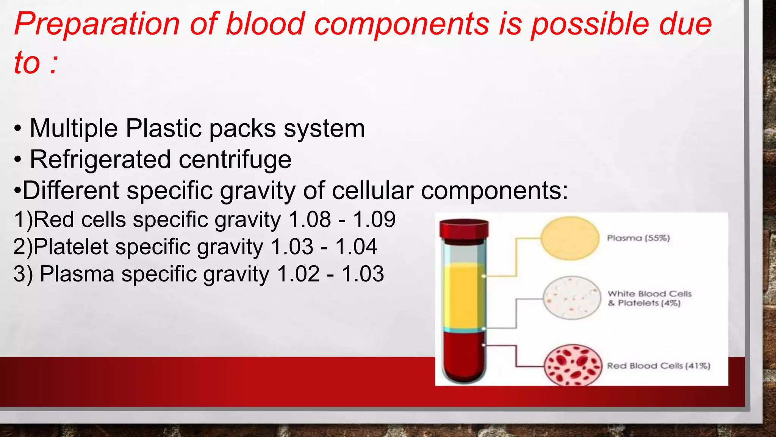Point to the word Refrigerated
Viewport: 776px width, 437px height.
[100, 160]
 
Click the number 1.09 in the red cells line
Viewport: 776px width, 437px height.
[374, 220]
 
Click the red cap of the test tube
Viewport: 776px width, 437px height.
[464, 230]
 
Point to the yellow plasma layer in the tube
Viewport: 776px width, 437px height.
[464, 296]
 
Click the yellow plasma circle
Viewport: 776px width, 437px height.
[570, 238]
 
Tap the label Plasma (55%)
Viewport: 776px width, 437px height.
[638, 238]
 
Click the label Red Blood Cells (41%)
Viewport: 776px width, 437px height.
[659, 366]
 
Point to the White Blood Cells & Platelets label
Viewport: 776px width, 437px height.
[649, 299]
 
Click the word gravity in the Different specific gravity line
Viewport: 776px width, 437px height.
[258, 190]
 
